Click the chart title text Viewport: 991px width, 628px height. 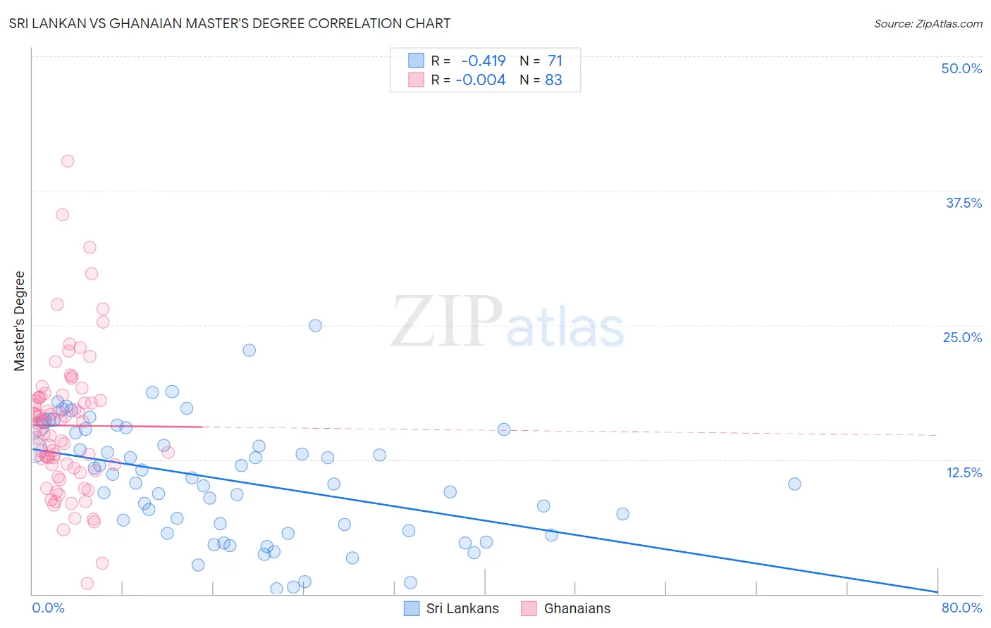[230, 23]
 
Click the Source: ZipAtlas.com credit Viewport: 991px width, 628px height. [928, 24]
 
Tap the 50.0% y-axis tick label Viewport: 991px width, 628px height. [961, 68]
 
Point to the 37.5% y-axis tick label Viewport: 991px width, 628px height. [963, 203]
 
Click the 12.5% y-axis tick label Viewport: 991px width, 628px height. [963, 472]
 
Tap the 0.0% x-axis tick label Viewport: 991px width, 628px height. [48, 608]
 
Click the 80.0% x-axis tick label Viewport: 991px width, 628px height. [961, 608]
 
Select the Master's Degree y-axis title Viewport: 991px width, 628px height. [19, 321]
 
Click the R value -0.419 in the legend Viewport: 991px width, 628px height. [483, 61]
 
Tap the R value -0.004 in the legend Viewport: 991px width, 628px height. [480, 80]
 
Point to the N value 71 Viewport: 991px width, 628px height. [555, 61]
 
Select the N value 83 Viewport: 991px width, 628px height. [553, 80]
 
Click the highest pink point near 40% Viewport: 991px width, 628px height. [68, 161]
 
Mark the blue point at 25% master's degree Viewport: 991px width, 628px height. [315, 326]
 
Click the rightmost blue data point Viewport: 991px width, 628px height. [794, 484]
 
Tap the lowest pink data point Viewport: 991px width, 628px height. [87, 583]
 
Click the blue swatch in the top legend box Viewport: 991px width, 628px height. [416, 61]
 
